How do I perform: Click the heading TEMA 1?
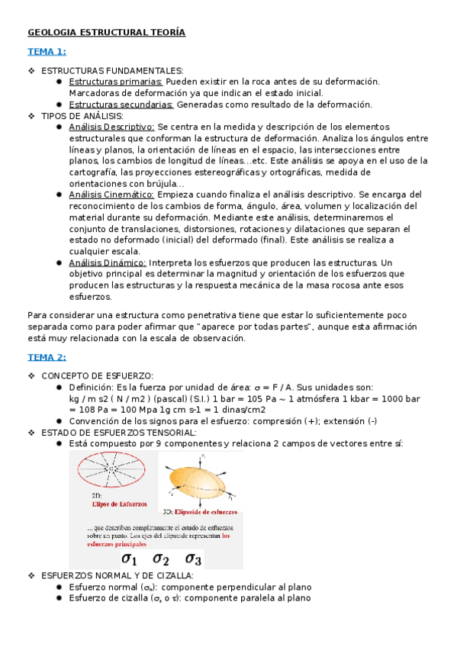tap(47, 51)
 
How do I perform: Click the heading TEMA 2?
tap(47, 356)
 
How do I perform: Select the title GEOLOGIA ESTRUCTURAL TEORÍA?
tap(106, 33)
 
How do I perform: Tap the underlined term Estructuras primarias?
tap(115, 82)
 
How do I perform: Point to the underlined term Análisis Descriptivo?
tap(111, 127)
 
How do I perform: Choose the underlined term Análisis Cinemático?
tap(111, 195)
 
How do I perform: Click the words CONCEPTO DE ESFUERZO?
tap(97, 375)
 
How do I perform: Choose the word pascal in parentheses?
tap(171, 399)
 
